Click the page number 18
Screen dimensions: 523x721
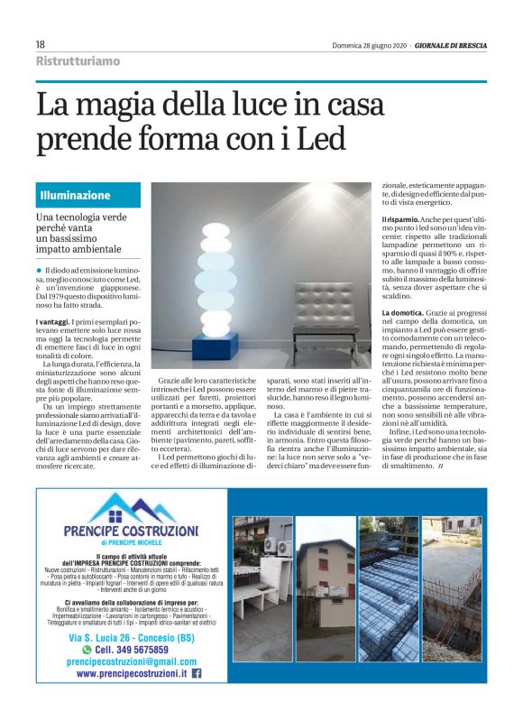tap(40, 44)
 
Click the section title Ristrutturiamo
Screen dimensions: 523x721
tap(77, 61)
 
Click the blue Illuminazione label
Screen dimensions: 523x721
tap(75, 195)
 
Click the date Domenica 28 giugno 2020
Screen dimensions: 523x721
tap(369, 45)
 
